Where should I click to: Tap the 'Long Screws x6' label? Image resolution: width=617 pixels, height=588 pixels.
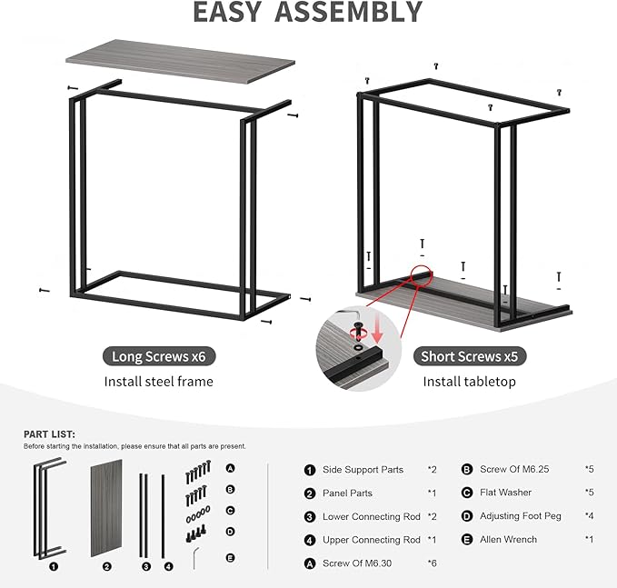pos(158,356)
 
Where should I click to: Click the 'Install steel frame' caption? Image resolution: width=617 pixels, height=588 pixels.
pos(158,382)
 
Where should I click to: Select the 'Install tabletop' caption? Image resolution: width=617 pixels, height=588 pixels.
pos(469,382)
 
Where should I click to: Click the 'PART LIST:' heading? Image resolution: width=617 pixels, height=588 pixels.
pos(50,434)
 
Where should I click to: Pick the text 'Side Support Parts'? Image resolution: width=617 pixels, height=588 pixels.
pos(363,470)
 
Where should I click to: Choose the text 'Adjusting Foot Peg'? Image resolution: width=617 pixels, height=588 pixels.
pos(521,516)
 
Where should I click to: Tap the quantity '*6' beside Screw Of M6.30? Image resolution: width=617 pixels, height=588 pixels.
pos(433,563)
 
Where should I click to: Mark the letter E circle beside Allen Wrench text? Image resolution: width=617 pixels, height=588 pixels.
pos(467,540)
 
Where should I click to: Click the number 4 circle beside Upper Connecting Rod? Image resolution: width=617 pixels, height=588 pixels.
pos(310,540)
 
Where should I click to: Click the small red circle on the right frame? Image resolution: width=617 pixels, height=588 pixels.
pos(422,274)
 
